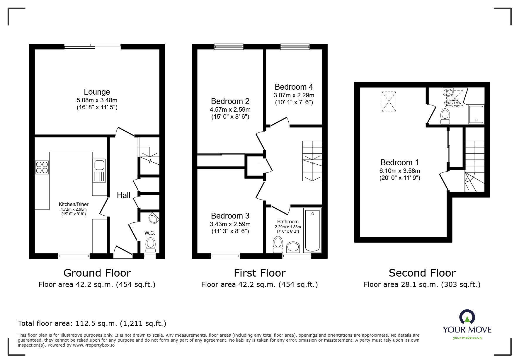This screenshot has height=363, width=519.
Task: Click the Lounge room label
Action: [97, 92]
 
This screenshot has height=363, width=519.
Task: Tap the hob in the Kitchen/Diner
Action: [42, 167]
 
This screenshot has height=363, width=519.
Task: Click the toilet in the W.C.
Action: [150, 245]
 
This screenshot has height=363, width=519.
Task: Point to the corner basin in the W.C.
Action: [153, 218]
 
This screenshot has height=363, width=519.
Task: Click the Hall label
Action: [123, 195]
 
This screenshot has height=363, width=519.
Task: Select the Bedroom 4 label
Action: [294, 87]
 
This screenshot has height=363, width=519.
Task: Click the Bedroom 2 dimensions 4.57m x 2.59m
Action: [230, 110]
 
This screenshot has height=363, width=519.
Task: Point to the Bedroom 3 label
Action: [230, 216]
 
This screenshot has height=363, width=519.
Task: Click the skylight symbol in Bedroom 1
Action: [389, 101]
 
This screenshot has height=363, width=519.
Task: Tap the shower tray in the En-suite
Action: [476, 115]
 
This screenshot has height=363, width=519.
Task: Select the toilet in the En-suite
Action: [445, 117]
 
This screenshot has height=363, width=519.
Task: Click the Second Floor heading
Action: [422, 273]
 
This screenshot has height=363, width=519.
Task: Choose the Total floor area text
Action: [92, 323]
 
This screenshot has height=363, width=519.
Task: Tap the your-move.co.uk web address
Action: [467, 338]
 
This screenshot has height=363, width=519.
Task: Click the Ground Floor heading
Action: [97, 273]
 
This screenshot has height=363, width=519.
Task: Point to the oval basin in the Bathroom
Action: [293, 247]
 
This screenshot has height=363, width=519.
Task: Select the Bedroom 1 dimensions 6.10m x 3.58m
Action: [400, 171]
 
